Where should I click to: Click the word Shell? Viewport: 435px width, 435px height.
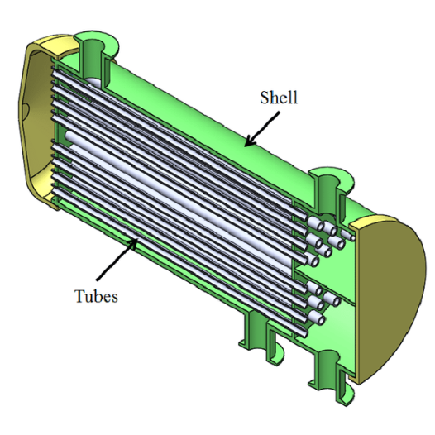(x=278, y=98)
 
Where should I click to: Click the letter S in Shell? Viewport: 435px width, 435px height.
(x=264, y=98)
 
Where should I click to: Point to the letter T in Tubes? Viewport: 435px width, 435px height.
(x=79, y=295)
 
